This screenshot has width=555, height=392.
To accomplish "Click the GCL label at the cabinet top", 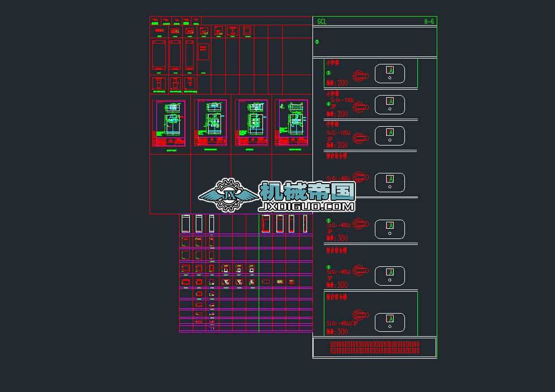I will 322,22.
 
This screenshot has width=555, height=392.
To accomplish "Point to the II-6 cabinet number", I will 429,21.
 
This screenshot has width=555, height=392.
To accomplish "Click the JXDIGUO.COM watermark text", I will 307,206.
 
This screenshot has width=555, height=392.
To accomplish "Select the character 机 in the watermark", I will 272,191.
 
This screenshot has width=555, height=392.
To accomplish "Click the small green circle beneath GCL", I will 317,42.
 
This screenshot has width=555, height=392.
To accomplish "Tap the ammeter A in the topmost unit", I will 390,70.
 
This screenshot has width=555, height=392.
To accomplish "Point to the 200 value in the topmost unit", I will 342,83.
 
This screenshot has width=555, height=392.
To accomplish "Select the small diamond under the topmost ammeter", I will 390,78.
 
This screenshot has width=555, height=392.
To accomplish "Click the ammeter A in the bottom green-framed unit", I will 390,318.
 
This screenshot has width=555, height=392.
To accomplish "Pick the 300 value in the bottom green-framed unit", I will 342,331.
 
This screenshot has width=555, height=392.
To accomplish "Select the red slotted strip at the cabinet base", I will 374,347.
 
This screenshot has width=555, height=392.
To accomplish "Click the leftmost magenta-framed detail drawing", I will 169,123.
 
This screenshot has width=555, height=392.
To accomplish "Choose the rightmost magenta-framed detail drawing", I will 291,123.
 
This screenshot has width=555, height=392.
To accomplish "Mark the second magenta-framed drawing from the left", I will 210,123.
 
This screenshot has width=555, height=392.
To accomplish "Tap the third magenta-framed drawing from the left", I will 251,123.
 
